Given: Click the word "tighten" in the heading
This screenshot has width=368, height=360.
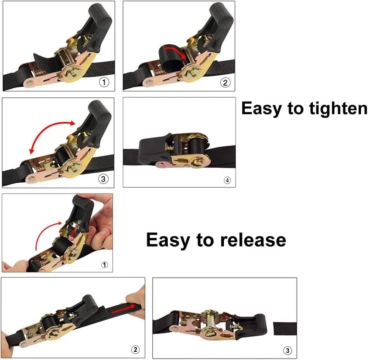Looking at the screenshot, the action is pyautogui.click(x=338, y=109).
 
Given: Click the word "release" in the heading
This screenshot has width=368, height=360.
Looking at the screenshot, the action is pyautogui.click(x=253, y=240).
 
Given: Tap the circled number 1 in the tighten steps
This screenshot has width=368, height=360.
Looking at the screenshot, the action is pyautogui.click(x=104, y=82).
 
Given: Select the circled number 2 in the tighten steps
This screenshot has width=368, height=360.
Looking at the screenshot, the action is pyautogui.click(x=225, y=82).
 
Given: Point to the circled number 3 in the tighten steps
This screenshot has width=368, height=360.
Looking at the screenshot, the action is pyautogui.click(x=103, y=179).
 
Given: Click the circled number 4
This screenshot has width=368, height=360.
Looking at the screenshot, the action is pyautogui.click(x=227, y=180).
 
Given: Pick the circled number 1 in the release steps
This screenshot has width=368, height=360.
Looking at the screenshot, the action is pyautogui.click(x=105, y=265).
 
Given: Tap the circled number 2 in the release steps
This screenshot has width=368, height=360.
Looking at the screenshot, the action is pyautogui.click(x=135, y=350).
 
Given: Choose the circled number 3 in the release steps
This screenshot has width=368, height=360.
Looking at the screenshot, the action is pyautogui.click(x=287, y=351).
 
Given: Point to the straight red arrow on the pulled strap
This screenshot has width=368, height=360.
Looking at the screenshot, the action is pyautogui.click(x=124, y=309).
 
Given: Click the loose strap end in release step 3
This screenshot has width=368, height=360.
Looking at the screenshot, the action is pyautogui.click(x=285, y=329).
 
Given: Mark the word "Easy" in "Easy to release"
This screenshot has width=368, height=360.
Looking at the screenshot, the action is pyautogui.click(x=168, y=240).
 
